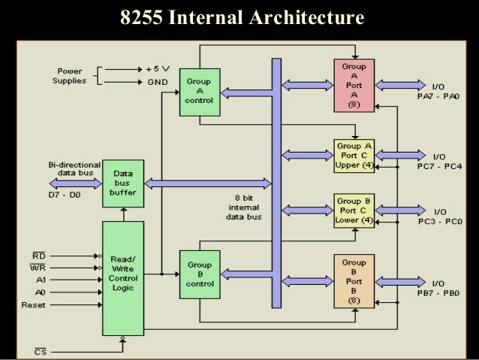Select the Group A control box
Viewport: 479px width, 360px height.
[199, 92]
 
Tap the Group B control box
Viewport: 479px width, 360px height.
[199, 274]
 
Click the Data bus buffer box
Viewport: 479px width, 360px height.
[122, 183]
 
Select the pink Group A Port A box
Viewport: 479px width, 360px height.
[354, 86]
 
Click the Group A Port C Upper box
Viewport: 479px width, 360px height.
[354, 155]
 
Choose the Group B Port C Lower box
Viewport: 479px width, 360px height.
[354, 210]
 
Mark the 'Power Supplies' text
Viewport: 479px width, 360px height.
[69, 76]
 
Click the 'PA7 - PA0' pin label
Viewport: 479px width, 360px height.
[439, 96]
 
